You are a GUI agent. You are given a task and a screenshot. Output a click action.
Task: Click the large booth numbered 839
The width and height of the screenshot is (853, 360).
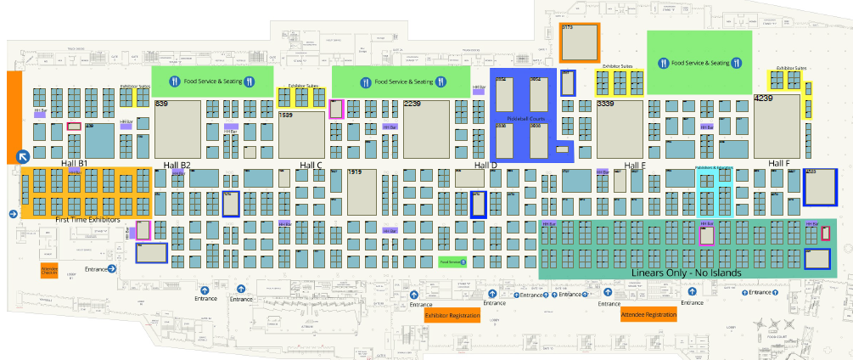tap(177, 128)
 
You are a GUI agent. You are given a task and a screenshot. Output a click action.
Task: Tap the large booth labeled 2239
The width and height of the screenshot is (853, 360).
tap(425, 128)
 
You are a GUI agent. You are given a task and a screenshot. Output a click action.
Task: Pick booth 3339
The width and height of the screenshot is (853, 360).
tap(620, 128)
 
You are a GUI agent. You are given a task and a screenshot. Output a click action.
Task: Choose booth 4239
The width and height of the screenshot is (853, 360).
tap(777, 126)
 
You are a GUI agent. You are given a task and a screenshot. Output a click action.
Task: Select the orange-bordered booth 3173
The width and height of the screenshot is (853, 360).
tap(580, 42)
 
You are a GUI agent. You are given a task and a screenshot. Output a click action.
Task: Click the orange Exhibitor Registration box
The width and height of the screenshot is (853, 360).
tap(452, 316)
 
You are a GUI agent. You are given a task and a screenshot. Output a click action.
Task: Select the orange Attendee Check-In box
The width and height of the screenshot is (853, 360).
tap(49, 271)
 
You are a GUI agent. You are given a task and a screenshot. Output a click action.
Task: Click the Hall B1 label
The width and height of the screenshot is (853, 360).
tap(75, 163)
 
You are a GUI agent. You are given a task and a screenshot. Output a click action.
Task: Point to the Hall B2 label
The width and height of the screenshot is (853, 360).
tap(177, 165)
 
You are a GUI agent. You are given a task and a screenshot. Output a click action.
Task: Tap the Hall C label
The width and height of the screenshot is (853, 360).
tap(311, 166)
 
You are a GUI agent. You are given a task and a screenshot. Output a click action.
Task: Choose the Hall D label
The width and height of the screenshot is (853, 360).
tap(485, 166)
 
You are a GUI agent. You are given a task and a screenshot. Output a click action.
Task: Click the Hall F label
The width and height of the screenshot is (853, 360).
tap(778, 163)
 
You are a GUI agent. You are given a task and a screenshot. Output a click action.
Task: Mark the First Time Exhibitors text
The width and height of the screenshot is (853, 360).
tap(87, 220)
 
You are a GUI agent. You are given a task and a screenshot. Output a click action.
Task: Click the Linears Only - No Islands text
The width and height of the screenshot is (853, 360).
tap(687, 273)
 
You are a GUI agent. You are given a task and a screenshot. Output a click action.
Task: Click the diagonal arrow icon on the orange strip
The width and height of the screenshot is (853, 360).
tap(23, 156)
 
